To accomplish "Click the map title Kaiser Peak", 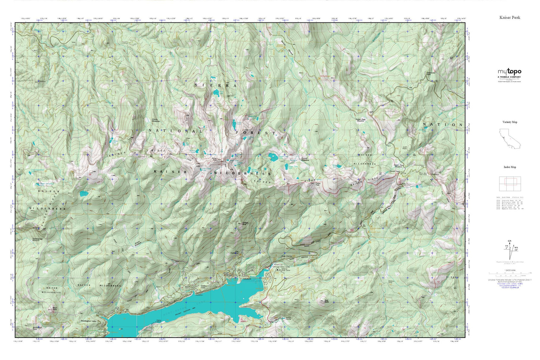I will click(x=510, y=17).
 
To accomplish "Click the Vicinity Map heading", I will click(x=510, y=122).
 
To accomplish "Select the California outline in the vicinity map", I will click(x=509, y=138).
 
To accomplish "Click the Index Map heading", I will click(x=510, y=167).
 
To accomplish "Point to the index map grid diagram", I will click(x=510, y=183).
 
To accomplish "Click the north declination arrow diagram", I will click(x=509, y=249).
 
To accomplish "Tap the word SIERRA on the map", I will click(x=215, y=85).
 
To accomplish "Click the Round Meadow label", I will click(x=305, y=159).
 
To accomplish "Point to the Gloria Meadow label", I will click(x=155, y=120).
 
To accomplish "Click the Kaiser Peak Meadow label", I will click(x=360, y=120).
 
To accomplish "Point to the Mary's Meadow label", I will click(x=138, y=245).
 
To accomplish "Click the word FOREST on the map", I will click(x=256, y=133).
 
